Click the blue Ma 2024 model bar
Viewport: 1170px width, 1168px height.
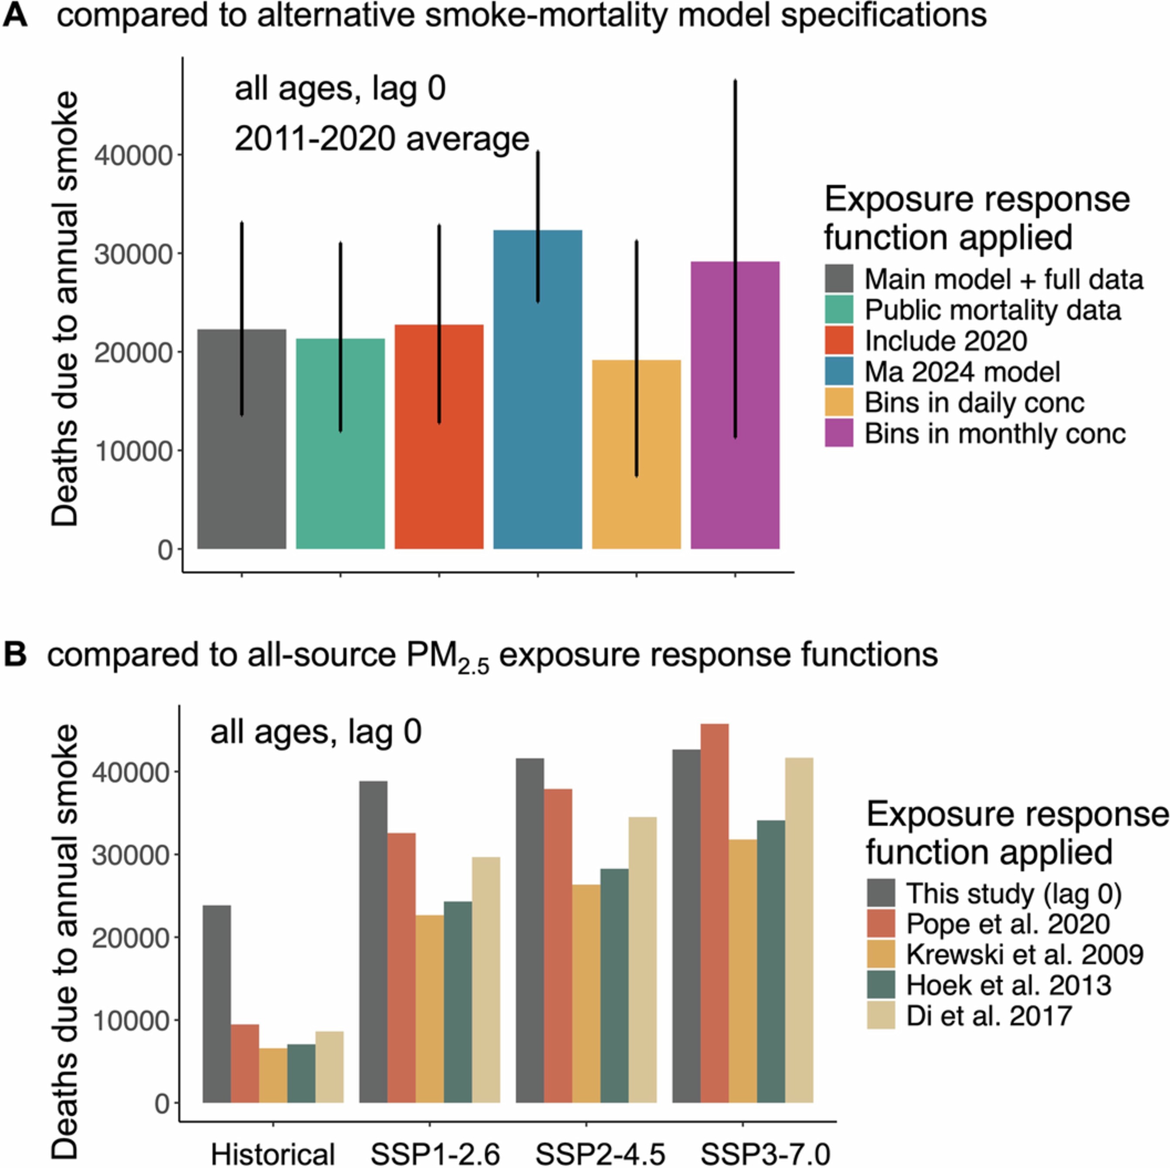click(x=538, y=424)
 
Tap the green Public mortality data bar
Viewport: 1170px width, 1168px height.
click(x=340, y=472)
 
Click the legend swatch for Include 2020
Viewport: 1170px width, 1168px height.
click(x=839, y=340)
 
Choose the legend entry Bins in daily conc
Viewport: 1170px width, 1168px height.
click(x=974, y=403)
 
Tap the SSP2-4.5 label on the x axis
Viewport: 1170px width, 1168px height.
click(x=600, y=1154)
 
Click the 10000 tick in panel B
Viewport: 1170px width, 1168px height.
click(x=129, y=1021)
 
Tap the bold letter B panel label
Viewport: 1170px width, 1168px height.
click(x=15, y=655)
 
